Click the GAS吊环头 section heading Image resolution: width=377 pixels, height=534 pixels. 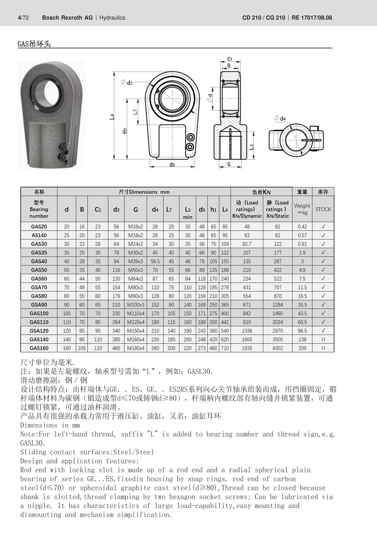click(x=34, y=44)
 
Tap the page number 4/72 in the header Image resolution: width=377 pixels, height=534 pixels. click(x=23, y=18)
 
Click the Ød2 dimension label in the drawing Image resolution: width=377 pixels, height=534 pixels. click(x=127, y=82)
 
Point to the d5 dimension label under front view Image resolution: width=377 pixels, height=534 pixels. click(x=172, y=165)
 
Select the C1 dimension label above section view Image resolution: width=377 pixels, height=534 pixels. click(x=230, y=59)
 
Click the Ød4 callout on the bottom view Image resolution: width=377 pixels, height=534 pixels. click(x=280, y=119)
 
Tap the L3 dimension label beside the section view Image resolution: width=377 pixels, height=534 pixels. click(x=251, y=147)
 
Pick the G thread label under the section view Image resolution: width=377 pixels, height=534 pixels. click(x=229, y=164)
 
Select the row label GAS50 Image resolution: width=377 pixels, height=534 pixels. click(x=39, y=270)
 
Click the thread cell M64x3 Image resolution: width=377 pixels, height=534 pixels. click(x=136, y=279)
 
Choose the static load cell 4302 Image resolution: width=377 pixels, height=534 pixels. click(x=278, y=348)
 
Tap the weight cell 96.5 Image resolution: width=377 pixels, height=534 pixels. click(x=302, y=331)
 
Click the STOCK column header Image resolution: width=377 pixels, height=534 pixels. click(x=323, y=209)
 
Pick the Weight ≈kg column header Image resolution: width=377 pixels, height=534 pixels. click(x=302, y=209)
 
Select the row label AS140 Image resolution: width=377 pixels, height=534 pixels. click(x=39, y=235)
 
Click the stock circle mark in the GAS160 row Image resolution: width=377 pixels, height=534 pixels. click(x=323, y=348)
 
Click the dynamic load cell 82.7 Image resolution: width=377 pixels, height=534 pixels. click(x=247, y=244)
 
